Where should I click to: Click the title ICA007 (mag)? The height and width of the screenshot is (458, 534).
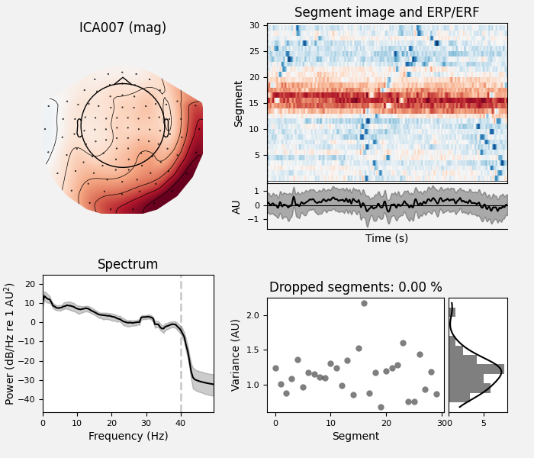pos(123,28)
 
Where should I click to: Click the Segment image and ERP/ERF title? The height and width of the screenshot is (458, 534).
pos(387,12)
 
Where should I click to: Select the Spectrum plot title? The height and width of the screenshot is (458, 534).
pos(127,265)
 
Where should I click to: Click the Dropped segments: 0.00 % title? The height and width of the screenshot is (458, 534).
pos(355,288)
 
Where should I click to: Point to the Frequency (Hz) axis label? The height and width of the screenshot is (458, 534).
pos(127,437)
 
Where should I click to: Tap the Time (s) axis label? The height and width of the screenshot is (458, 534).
pos(387,238)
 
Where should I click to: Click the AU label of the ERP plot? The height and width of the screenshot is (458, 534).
pos(237,206)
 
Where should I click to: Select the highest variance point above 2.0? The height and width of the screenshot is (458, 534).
pos(364,303)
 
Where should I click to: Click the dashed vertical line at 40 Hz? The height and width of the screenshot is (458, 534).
pos(181,343)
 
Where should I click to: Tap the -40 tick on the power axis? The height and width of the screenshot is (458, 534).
pos(27,399)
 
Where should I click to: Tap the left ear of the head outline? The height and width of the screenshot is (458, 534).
pos(79,127)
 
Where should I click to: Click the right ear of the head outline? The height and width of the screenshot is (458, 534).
pos(166,127)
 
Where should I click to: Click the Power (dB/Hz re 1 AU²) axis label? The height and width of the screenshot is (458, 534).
pos(10,343)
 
